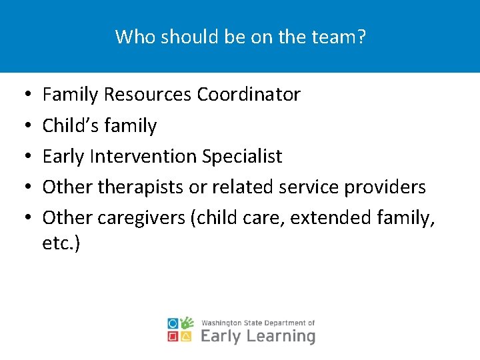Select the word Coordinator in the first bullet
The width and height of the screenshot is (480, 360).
coord(249,95)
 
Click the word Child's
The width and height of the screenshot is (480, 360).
coord(68,125)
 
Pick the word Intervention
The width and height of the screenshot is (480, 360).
coord(145,156)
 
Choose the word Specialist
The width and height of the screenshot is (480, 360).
coord(242,156)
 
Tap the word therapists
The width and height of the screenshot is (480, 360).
coord(141,187)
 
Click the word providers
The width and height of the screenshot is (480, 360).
coord(385,187)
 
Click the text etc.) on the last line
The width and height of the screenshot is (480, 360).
coord(61,243)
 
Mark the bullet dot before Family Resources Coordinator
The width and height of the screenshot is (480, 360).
coord(23,95)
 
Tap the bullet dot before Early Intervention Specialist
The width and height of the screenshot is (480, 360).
coord(23,157)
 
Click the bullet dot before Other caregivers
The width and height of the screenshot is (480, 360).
coord(23,218)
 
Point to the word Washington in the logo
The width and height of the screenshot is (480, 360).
coord(223,323)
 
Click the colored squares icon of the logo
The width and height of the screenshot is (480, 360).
coord(181,329)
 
